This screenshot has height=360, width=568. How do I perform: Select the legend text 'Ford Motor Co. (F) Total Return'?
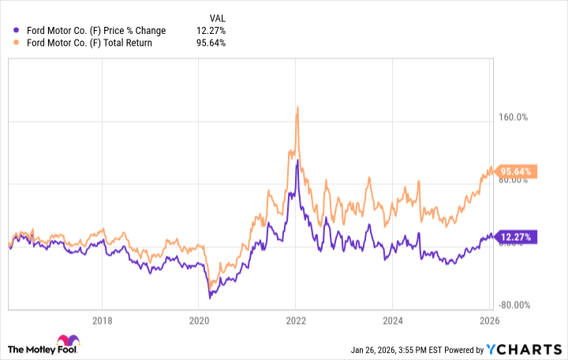89,43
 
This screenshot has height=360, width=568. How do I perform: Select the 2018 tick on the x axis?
102,321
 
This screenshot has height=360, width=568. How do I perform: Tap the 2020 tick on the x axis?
199,321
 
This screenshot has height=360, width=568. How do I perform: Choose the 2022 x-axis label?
296,321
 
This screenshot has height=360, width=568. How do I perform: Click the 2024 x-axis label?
393,321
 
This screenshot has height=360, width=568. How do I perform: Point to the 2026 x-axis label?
490,321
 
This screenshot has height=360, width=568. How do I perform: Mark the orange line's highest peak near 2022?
297,107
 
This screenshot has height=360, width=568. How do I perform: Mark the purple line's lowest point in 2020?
210,298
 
